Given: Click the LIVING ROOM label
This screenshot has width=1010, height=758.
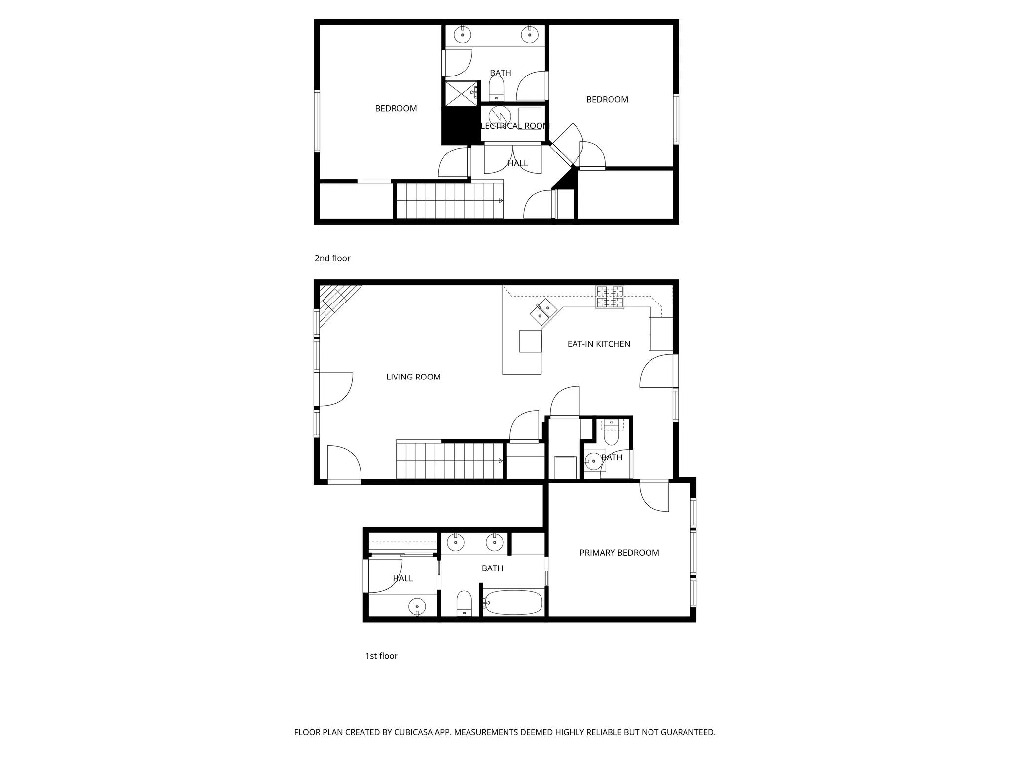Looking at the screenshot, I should [x=413, y=377].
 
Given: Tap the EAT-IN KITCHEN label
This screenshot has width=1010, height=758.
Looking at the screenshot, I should [x=599, y=344].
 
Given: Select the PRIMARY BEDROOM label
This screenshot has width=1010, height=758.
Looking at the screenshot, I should [x=619, y=553].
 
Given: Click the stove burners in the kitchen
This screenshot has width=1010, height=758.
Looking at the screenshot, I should [x=610, y=297].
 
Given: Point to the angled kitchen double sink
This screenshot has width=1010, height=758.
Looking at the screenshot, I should [x=544, y=311].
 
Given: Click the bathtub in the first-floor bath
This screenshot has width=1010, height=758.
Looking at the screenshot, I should [x=513, y=603].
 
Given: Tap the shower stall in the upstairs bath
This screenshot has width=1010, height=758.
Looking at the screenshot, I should [x=461, y=93].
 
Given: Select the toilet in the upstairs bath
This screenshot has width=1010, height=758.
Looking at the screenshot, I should [x=496, y=89].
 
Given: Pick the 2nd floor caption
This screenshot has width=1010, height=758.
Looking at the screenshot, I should [x=332, y=258].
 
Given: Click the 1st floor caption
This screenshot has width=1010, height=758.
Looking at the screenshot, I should [x=381, y=656].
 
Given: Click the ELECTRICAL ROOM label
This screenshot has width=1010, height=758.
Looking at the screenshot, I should [x=514, y=126].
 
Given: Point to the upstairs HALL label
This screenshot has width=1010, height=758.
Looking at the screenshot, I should [x=518, y=163].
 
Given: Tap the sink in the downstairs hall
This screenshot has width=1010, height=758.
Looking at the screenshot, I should [x=417, y=606].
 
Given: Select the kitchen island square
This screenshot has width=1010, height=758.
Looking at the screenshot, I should [x=530, y=341].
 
